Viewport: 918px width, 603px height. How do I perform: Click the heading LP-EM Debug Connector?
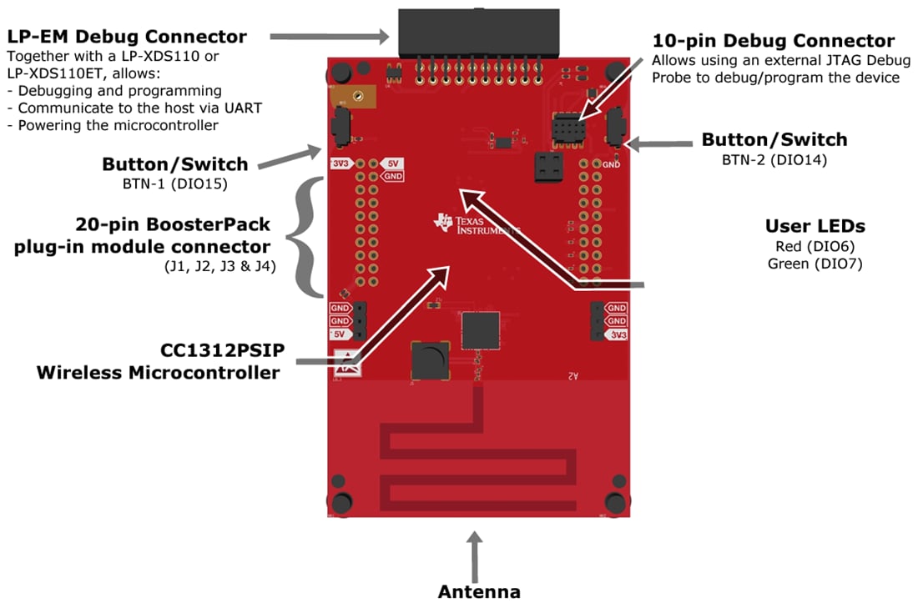coord(127,37)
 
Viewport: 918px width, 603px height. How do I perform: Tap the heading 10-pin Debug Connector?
coord(773,41)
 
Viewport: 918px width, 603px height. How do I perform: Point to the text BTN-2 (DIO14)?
coord(774,159)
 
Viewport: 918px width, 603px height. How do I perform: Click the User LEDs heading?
coord(815,226)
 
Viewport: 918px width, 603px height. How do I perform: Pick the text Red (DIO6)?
coord(815,246)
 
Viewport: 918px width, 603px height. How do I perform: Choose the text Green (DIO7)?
coord(815,264)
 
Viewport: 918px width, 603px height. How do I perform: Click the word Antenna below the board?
coord(479,591)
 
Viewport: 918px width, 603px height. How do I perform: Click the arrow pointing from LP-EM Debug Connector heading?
coord(330,37)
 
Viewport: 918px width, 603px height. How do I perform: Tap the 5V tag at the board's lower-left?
coord(340,334)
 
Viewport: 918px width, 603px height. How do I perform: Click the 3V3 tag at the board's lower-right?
coord(617,334)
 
